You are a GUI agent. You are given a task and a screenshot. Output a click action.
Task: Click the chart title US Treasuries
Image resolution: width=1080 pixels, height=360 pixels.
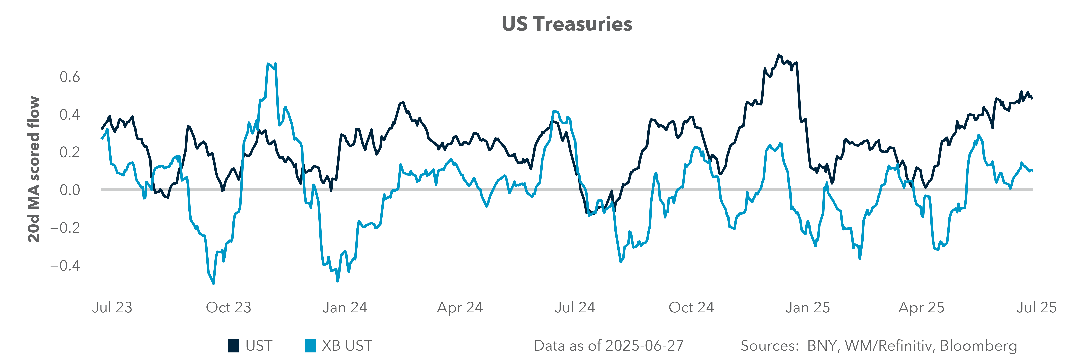click(567, 24)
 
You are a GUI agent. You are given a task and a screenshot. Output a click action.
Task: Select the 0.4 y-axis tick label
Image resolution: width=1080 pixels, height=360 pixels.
click(70, 114)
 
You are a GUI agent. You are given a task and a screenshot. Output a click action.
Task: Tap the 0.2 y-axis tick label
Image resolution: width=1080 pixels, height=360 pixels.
click(70, 152)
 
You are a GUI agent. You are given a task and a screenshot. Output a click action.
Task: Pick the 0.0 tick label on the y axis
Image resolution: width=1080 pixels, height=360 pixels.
click(70, 190)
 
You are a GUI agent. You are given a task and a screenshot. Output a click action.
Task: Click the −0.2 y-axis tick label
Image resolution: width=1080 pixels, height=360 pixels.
click(65, 228)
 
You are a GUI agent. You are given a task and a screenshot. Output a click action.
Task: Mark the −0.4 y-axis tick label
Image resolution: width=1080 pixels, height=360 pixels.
click(65, 265)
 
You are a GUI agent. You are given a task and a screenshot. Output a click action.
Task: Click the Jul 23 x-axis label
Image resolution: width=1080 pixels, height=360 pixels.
click(112, 308)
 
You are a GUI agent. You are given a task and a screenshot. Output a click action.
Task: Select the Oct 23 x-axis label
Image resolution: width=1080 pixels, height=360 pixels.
click(228, 308)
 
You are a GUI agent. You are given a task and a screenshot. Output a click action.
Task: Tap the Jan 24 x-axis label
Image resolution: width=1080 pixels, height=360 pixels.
click(345, 308)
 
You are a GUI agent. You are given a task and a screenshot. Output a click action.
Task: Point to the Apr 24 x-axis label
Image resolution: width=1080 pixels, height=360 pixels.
click(460, 308)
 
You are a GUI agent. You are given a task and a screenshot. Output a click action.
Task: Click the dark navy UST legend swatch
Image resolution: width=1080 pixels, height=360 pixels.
click(234, 346)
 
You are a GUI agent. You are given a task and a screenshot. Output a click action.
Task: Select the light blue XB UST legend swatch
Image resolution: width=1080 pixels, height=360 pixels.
click(310, 346)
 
